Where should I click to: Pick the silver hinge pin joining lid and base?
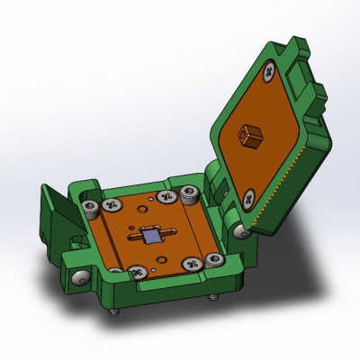click(x=240, y=232)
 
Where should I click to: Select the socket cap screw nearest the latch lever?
click(x=90, y=208)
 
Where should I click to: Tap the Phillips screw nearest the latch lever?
click(x=112, y=205)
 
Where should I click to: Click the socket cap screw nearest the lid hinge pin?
click(x=212, y=260)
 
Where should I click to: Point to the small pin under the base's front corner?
click(x=113, y=311)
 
